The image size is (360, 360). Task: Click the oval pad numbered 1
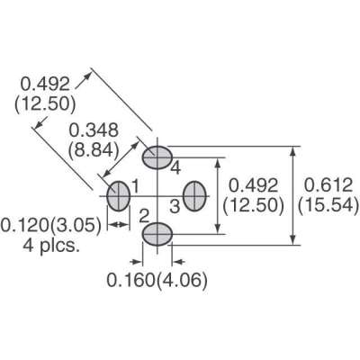(x=118, y=195)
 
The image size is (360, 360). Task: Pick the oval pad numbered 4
(x=157, y=157)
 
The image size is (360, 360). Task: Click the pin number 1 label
(x=136, y=186)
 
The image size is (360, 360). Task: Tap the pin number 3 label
(x=175, y=207)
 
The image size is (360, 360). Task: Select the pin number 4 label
(x=175, y=168)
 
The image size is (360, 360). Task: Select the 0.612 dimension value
(x=328, y=184)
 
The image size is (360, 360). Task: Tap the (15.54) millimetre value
(x=328, y=205)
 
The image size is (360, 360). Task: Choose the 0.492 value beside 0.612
(x=254, y=184)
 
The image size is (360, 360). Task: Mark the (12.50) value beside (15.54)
(x=254, y=205)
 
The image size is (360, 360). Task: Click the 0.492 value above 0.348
(x=43, y=84)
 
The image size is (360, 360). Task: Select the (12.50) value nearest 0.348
(x=44, y=103)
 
